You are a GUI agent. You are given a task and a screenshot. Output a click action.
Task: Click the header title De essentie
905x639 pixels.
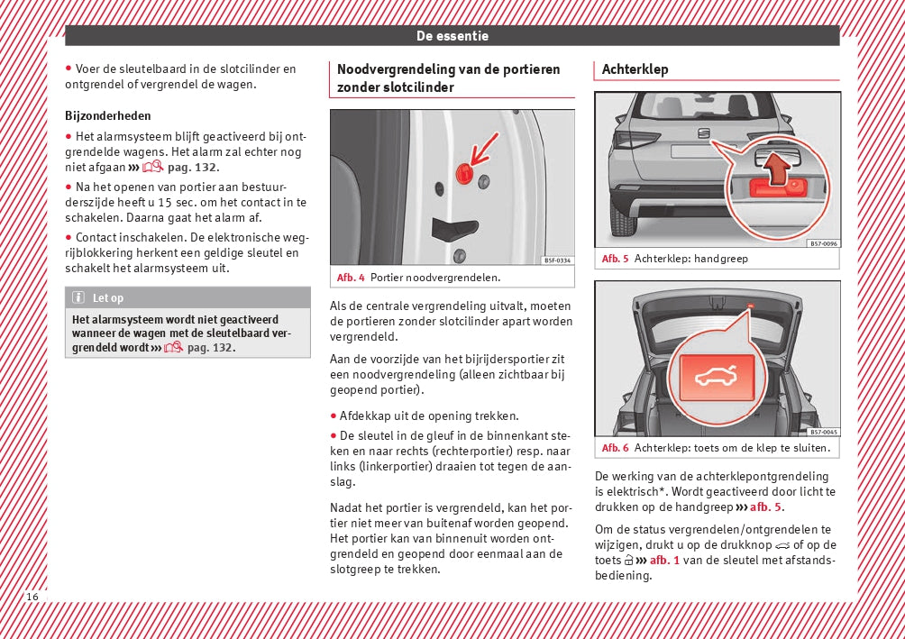(452, 36)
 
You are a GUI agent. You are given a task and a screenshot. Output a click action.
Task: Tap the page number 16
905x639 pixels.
(32, 597)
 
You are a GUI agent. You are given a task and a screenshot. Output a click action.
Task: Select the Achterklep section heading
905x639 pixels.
(635, 69)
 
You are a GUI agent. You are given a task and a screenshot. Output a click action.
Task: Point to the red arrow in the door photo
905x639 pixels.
(484, 146)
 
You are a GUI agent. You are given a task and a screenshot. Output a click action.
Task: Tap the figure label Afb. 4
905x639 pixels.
(351, 278)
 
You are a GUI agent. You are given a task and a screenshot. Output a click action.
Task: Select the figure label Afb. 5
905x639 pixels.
(616, 259)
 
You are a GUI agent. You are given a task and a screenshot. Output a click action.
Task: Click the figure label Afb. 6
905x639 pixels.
(616, 448)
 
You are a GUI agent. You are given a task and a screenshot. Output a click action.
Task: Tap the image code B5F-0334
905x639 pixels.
(557, 260)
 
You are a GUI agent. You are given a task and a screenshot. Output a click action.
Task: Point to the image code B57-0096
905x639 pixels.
(823, 243)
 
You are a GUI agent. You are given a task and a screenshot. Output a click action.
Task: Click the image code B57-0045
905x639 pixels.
(823, 432)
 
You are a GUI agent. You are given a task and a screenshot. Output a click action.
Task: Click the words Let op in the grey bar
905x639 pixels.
(108, 298)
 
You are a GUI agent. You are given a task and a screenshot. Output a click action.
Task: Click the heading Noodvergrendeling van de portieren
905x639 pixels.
(448, 69)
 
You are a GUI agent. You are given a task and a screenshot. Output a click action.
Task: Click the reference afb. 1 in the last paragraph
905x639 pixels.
(664, 560)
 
